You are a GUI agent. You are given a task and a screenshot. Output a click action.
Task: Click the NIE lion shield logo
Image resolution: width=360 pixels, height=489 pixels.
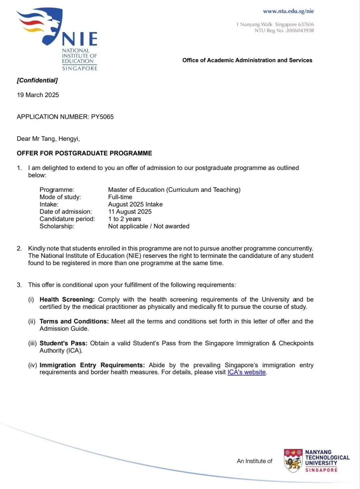coord(42,26)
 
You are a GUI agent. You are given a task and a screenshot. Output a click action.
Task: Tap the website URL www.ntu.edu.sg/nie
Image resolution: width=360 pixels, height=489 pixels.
coord(288,11)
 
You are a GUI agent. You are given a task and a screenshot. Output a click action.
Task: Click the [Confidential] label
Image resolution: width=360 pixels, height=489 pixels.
coord(37,80)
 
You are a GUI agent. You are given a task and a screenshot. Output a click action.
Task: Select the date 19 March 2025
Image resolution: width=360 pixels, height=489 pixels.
coord(38,95)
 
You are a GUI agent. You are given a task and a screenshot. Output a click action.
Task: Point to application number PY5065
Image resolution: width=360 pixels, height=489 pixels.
coord(102,117)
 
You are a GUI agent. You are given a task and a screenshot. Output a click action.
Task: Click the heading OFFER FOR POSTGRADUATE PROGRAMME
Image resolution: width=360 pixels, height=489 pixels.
coord(84,153)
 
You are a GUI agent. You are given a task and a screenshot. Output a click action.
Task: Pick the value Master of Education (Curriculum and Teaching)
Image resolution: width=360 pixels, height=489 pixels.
coord(174,190)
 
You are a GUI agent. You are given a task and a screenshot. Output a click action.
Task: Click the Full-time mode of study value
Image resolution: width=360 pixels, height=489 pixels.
coord(120,197)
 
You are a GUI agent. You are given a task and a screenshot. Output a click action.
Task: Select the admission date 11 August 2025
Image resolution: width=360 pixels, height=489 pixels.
coord(130,212)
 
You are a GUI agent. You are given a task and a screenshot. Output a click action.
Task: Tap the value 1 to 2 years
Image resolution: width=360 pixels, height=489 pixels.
coord(124,219)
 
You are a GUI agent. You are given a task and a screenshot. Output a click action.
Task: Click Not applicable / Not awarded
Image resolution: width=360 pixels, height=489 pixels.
coord(149,226)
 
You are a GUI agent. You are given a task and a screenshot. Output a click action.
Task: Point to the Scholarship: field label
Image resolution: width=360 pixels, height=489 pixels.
coord(57,226)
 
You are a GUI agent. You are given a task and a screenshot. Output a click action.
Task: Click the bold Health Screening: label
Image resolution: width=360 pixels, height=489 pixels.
coord(67,300)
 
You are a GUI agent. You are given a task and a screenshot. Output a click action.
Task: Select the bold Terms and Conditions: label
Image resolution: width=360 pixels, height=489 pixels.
coord(74,321)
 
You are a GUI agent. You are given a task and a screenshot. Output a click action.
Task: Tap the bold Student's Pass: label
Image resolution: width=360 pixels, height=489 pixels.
coord(63,343)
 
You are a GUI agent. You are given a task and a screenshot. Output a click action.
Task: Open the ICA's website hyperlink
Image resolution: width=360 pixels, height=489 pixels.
coord(246,372)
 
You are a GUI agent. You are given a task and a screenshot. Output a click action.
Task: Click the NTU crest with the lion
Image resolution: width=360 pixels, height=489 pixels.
coord(293,461)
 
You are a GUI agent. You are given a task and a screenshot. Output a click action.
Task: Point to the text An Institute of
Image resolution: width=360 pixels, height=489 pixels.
coord(254,461)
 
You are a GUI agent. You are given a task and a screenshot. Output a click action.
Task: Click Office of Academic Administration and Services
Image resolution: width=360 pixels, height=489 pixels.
coord(247,60)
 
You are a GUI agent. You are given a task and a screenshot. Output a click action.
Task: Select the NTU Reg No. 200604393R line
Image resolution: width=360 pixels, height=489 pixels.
coord(284,31)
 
